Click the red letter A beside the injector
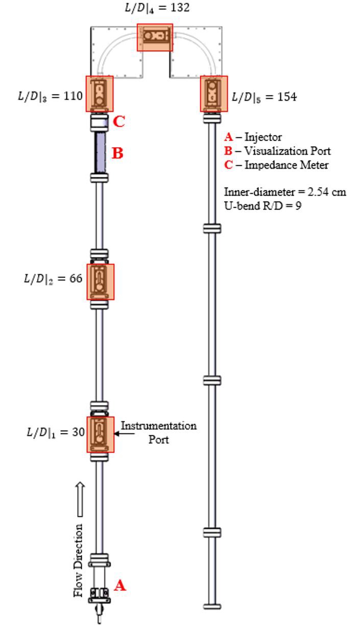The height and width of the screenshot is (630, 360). pyautogui.click(x=119, y=586)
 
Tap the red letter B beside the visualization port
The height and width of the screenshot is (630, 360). pyautogui.click(x=117, y=153)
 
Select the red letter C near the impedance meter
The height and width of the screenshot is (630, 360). pyautogui.click(x=118, y=122)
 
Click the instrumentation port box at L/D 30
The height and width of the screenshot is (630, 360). pyautogui.click(x=100, y=434)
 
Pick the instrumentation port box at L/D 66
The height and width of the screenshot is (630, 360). pyautogui.click(x=100, y=282)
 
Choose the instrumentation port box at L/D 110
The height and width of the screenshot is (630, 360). pyautogui.click(x=99, y=94)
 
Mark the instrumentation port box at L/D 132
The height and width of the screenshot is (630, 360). pyautogui.click(x=155, y=37)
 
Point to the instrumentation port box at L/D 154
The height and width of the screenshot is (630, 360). pyautogui.click(x=213, y=94)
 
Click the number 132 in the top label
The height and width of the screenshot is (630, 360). pyautogui.click(x=181, y=8)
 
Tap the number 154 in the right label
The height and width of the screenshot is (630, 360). pyautogui.click(x=287, y=97)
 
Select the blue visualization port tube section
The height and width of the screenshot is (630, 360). pyautogui.click(x=100, y=152)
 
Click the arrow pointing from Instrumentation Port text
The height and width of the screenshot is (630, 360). pyautogui.click(x=124, y=434)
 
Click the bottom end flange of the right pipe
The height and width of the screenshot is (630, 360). pyautogui.click(x=212, y=606)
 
